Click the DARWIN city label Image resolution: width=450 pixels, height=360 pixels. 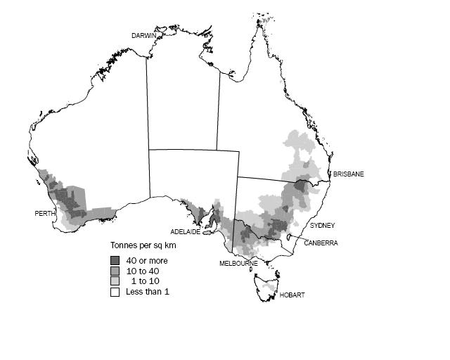[x=144, y=34]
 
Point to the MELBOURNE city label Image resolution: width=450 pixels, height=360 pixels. [x=238, y=264]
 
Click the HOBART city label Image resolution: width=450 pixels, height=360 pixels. [x=292, y=295]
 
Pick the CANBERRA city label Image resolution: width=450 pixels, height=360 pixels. [x=321, y=243]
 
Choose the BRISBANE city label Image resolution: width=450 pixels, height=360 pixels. [x=349, y=174]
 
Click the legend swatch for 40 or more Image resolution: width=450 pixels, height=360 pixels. [x=114, y=261]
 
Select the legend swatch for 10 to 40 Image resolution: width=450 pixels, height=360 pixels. [x=114, y=271]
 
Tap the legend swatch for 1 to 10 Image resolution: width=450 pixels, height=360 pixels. [x=114, y=281]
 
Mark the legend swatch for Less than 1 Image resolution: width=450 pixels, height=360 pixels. [x=114, y=291]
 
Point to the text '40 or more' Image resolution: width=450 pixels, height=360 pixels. [x=147, y=261]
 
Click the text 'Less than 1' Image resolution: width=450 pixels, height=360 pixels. [x=148, y=291]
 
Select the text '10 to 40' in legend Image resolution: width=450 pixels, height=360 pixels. [x=142, y=271]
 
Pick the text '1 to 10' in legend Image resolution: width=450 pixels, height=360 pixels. [x=144, y=281]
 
